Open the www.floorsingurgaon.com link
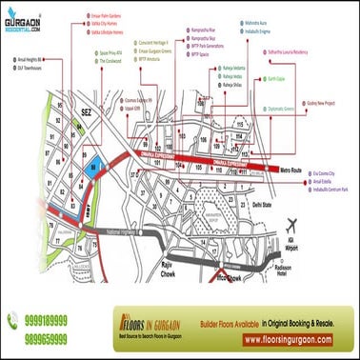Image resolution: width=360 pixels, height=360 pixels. click(287, 339)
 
